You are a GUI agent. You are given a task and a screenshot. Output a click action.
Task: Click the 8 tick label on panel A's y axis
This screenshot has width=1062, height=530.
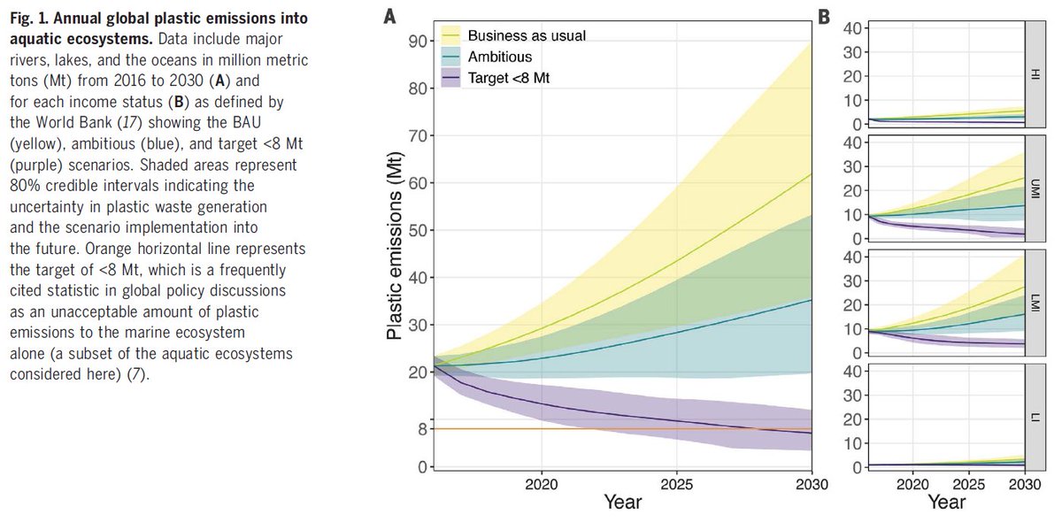(x=420, y=429)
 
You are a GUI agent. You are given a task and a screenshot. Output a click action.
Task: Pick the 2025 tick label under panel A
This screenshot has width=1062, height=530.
(x=676, y=485)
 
